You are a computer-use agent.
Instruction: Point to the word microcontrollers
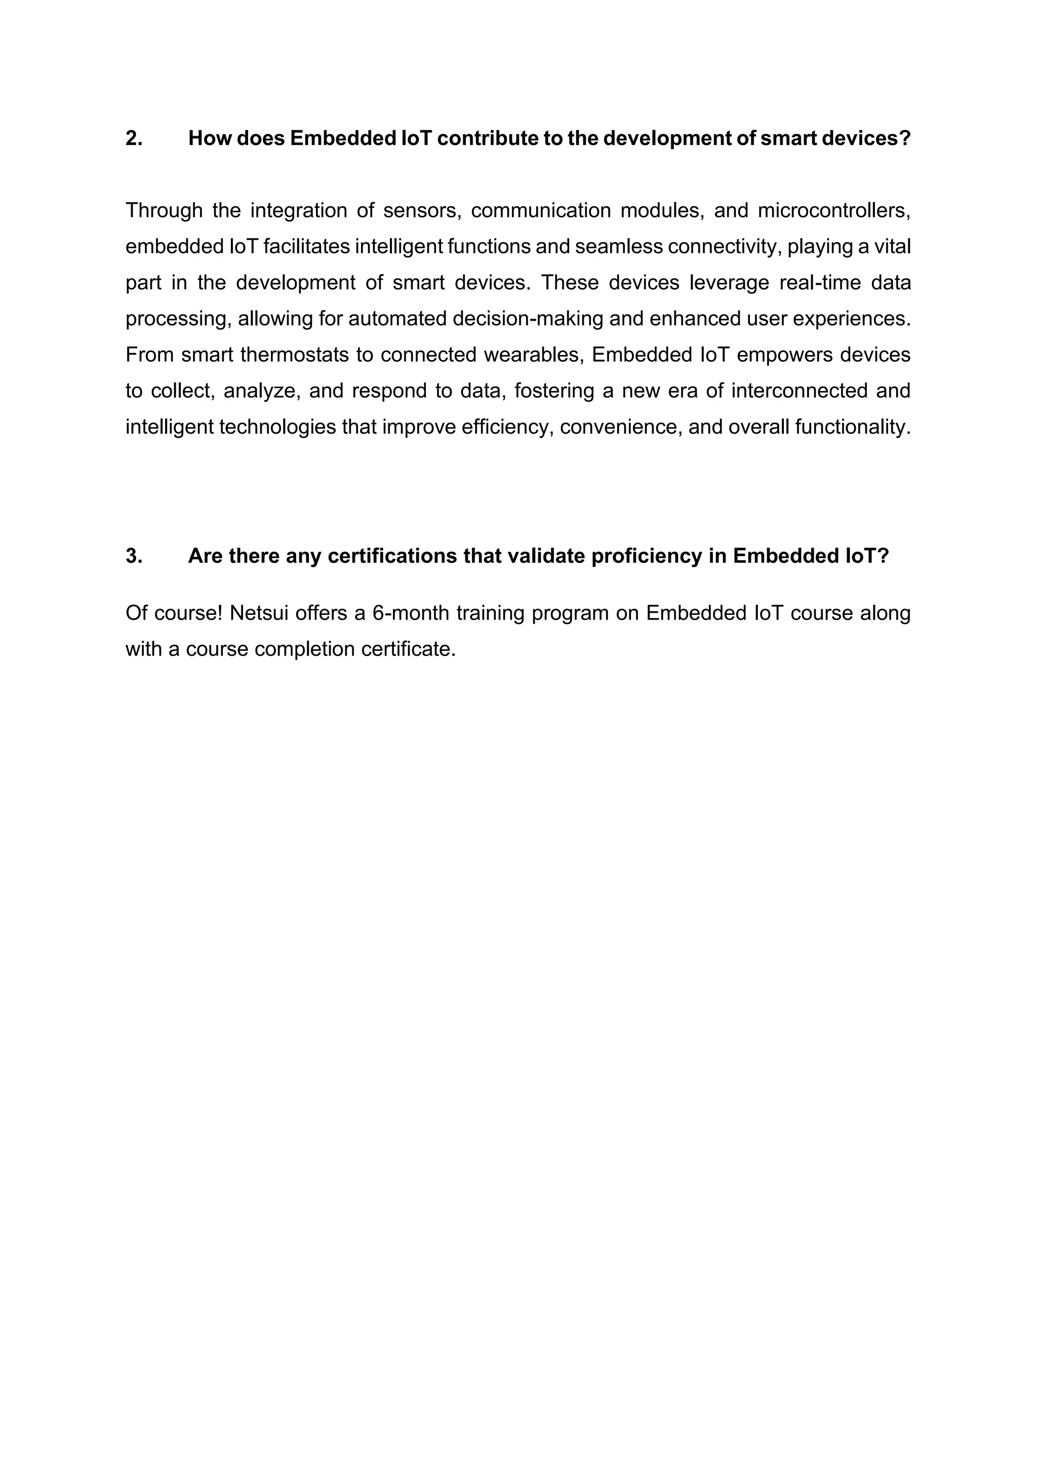(x=833, y=210)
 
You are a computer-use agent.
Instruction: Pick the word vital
(x=893, y=247)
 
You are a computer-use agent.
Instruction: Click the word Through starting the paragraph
(x=164, y=210)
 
